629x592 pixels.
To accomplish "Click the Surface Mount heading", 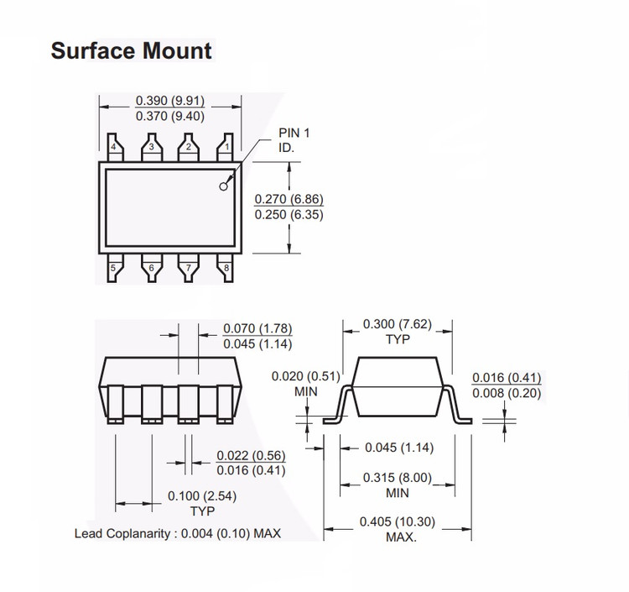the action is click(x=131, y=51).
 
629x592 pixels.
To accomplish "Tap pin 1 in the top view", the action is click(x=226, y=148).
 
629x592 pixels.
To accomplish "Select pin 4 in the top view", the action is click(x=115, y=148).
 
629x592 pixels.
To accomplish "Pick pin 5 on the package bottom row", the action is click(x=115, y=268).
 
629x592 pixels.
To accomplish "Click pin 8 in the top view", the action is click(x=226, y=268).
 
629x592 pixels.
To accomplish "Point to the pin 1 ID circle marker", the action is click(x=223, y=186).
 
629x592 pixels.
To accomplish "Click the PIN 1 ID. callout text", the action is click(x=294, y=140).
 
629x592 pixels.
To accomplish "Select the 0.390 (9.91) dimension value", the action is click(x=170, y=101).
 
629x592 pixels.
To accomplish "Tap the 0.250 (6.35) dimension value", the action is click(x=289, y=214).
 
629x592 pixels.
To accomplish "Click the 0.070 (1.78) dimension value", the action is click(x=257, y=328).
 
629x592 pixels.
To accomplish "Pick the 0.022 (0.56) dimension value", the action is click(x=251, y=455).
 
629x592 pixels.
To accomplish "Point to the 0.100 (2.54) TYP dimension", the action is click(x=202, y=503).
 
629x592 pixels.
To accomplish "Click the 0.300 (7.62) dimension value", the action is click(x=398, y=324).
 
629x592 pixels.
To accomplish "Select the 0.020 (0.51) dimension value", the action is click(x=305, y=376).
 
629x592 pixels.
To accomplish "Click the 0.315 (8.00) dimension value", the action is click(x=398, y=478).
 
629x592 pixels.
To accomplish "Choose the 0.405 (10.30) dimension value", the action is click(x=398, y=522).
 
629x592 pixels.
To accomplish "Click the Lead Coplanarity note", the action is click(x=178, y=534).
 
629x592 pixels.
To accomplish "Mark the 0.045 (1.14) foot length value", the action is click(x=399, y=448).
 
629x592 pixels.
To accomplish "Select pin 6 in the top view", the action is click(x=152, y=268).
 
